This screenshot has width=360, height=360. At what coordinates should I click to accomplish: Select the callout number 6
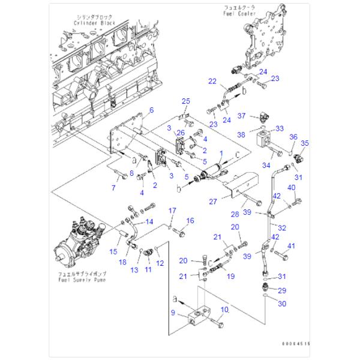151,110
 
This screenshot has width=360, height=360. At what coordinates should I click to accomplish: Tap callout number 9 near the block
173,313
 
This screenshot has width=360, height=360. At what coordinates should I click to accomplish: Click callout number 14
149,222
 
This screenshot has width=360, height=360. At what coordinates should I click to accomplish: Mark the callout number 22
212,81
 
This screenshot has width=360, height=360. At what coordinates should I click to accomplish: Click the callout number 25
186,100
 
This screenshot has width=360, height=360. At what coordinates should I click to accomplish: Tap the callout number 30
282,304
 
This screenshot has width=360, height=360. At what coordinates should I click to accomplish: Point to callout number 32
282,228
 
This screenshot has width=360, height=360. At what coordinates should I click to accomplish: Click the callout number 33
280,128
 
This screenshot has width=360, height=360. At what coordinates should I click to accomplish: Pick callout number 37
242,115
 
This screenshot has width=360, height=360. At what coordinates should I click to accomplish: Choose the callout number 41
292,245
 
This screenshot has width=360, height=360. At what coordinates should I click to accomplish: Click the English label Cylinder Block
95,23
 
